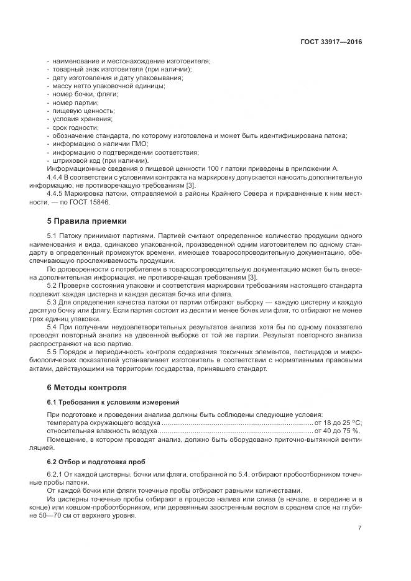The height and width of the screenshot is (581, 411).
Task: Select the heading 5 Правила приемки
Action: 86,221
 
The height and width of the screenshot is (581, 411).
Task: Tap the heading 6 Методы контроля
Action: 86,387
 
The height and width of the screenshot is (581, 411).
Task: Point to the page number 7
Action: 360,528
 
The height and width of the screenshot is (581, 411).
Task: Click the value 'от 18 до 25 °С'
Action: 338,423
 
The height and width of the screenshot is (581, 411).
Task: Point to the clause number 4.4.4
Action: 57,177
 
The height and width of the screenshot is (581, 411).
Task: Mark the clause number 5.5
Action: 52,352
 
